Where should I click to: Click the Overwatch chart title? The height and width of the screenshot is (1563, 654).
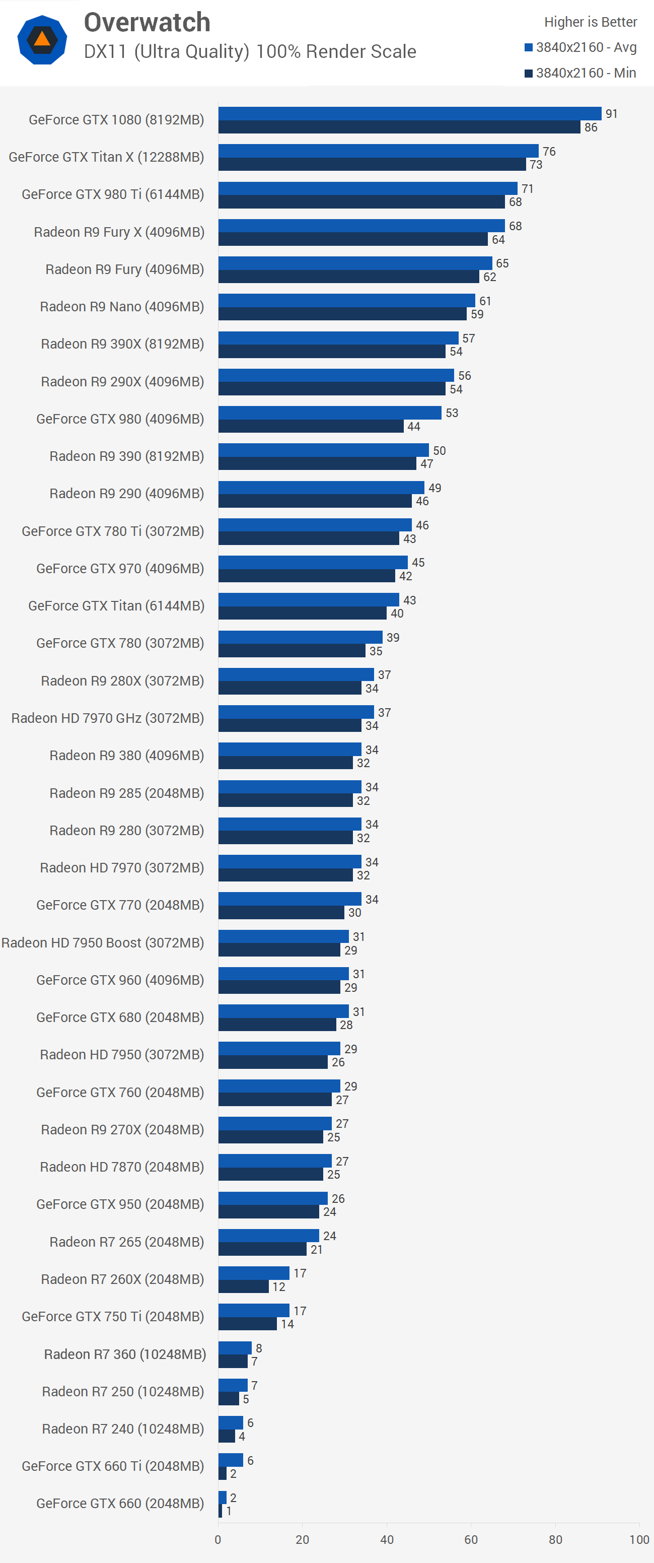pyautogui.click(x=147, y=23)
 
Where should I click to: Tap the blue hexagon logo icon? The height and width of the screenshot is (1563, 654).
pyautogui.click(x=42, y=40)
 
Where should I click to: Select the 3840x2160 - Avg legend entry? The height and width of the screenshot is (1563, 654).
pyautogui.click(x=580, y=47)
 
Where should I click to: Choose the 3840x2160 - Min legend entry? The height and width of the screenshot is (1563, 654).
pyautogui.click(x=580, y=73)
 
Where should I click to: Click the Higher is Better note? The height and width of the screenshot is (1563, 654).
pyautogui.click(x=590, y=22)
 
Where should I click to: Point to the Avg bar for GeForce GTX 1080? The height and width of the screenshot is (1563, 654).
pyautogui.click(x=409, y=113)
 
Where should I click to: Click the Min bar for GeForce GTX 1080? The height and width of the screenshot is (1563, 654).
pyautogui.click(x=399, y=127)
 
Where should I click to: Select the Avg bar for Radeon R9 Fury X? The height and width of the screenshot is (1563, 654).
pyautogui.click(x=361, y=226)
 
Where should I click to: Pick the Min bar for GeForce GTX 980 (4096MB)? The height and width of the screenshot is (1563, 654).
pyautogui.click(x=311, y=426)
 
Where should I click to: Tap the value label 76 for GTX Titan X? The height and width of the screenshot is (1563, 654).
pyautogui.click(x=549, y=151)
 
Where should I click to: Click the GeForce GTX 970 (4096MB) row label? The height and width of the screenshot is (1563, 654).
pyautogui.click(x=120, y=569)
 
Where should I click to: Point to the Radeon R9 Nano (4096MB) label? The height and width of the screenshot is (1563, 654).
pyautogui.click(x=122, y=306)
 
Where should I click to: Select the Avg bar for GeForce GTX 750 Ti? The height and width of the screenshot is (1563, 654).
pyautogui.click(x=254, y=1310)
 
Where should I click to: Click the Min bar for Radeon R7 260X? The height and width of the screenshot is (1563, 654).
pyautogui.click(x=243, y=1286)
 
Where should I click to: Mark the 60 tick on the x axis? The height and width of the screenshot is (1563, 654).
pyautogui.click(x=471, y=1539)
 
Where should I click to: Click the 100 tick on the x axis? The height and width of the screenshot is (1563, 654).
pyautogui.click(x=639, y=1539)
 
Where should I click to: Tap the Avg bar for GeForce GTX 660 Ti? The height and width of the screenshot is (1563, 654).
pyautogui.click(x=231, y=1459)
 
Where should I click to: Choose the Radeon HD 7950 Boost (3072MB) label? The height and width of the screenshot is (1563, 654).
pyautogui.click(x=103, y=942)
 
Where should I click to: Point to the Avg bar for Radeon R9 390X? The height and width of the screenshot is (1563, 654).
pyautogui.click(x=338, y=338)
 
